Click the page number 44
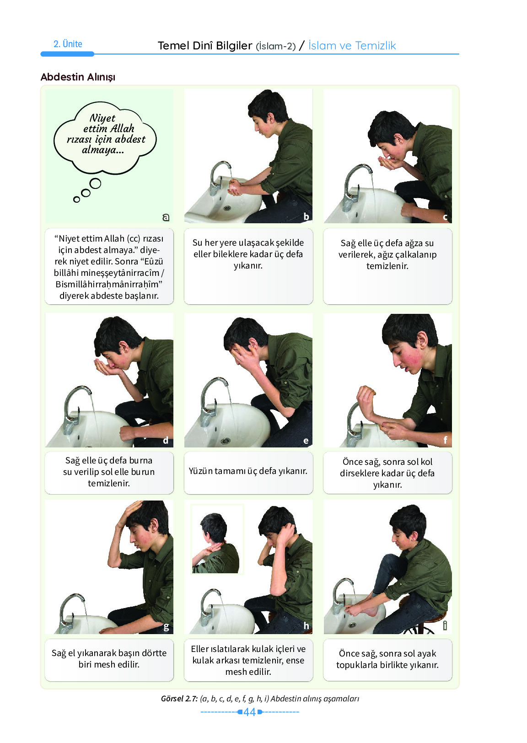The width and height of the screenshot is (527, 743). (x=249, y=712)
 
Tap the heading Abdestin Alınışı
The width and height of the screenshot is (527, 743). (x=78, y=77)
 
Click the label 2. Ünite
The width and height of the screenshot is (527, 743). (x=68, y=44)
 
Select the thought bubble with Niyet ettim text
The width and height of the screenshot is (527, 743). (x=105, y=138)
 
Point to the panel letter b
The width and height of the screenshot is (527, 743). (x=306, y=216)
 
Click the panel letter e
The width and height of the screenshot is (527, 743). (x=306, y=441)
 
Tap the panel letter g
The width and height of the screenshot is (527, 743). (x=166, y=627)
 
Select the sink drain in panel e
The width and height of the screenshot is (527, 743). (x=226, y=441)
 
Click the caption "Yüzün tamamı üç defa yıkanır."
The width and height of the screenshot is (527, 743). (x=248, y=471)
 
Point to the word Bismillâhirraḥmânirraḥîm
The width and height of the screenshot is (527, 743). (x=109, y=284)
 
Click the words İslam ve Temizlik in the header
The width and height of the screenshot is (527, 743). (x=352, y=45)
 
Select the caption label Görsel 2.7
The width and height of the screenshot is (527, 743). (x=179, y=699)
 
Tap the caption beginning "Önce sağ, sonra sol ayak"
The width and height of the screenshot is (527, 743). (x=387, y=659)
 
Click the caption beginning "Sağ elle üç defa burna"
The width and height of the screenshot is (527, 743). (x=109, y=472)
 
